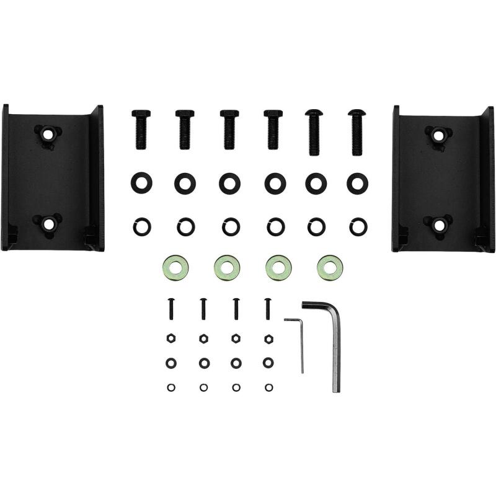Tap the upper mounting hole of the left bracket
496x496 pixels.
pyautogui.click(x=46, y=133)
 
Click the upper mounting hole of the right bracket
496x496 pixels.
pyautogui.click(x=438, y=133)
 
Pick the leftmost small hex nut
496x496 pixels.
pyautogui.click(x=171, y=339)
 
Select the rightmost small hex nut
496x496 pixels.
pyautogui.click(x=268, y=339)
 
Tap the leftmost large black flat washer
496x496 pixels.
pyautogui.click(x=139, y=183)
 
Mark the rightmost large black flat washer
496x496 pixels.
pyautogui.click(x=356, y=183)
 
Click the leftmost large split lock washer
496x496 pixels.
pyautogui.click(x=139, y=226)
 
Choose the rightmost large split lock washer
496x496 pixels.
pyautogui.click(x=356, y=226)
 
